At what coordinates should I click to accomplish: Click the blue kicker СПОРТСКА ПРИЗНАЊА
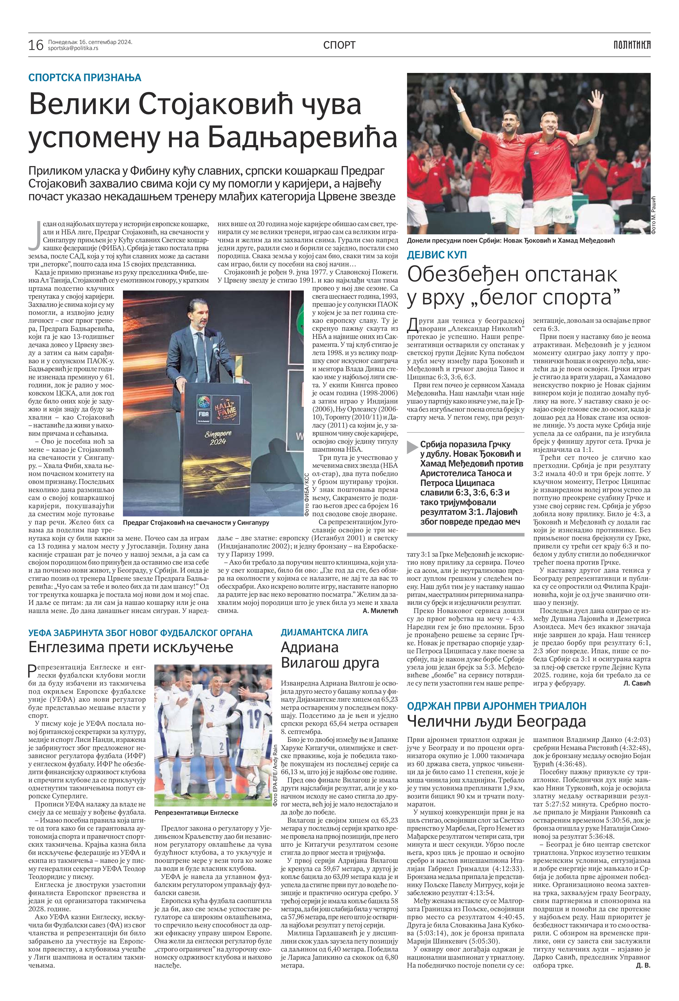point(85,78)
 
